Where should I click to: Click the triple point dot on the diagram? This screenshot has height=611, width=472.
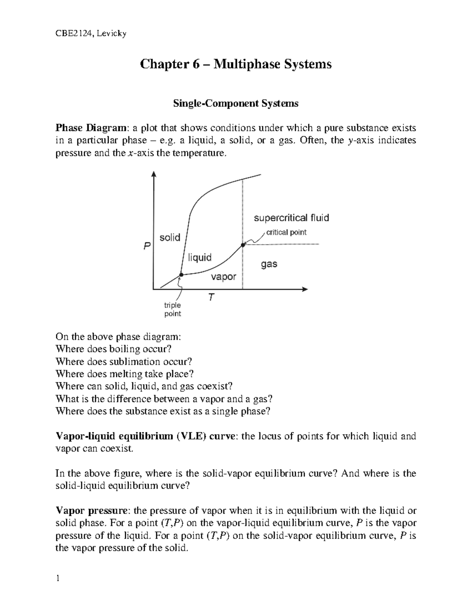181,275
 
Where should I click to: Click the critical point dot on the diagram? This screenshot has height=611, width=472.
243,245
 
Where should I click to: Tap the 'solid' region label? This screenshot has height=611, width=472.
170,237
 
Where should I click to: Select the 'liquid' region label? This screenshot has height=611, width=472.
199,257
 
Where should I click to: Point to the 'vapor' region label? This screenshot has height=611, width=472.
223,277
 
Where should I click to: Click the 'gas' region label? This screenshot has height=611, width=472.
269,264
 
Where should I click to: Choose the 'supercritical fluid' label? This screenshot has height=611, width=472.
291,218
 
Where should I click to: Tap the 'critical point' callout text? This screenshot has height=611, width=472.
286,232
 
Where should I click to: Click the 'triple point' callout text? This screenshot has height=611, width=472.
173,309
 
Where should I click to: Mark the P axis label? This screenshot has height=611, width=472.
147,246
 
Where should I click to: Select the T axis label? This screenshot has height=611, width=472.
212,297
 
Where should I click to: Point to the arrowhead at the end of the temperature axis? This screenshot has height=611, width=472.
305,289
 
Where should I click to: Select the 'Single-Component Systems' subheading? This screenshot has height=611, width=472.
236,103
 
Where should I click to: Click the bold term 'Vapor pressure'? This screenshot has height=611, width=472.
92,511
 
